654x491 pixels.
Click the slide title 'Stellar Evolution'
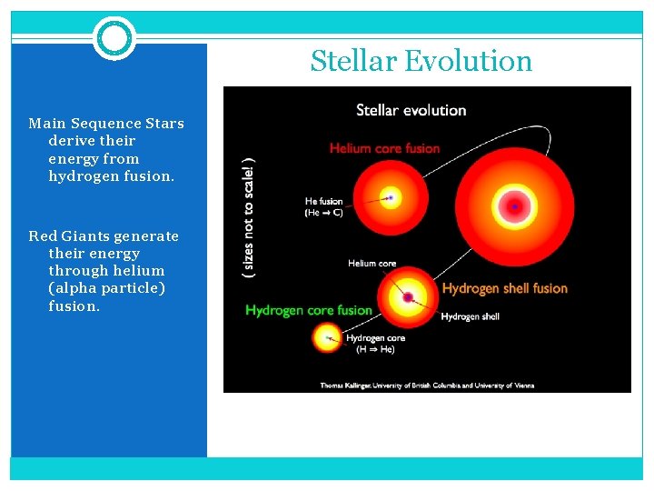click(421, 61)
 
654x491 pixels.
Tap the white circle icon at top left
click(114, 38)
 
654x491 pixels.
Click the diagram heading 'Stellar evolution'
click(411, 110)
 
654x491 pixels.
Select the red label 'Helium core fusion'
click(384, 148)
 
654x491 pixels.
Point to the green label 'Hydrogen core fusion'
click(309, 311)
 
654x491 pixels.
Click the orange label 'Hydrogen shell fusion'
click(504, 288)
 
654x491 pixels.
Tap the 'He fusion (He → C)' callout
click(323, 207)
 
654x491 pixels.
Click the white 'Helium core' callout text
click(372, 264)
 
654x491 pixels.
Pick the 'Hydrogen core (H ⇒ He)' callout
click(375, 343)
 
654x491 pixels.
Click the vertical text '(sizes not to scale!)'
click(249, 218)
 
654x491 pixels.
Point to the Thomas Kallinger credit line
click(427, 385)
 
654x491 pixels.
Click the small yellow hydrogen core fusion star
click(327, 338)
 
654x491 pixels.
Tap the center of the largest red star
click(514, 207)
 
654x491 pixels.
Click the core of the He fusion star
click(391, 197)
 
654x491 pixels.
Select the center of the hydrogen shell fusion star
click(408, 296)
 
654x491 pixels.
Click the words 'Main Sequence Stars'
click(106, 124)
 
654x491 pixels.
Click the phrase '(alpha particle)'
click(106, 288)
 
